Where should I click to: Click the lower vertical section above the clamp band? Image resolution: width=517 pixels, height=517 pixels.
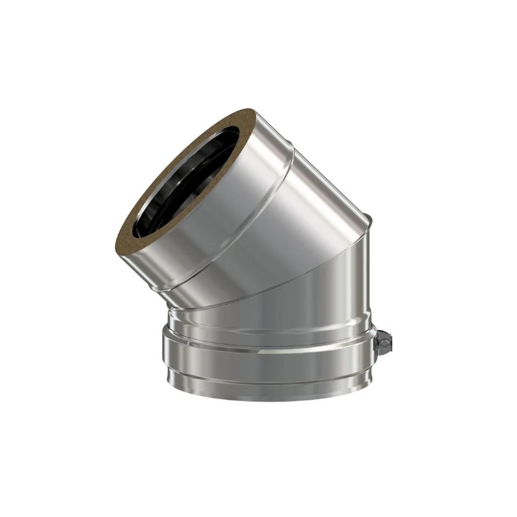coord(268,313)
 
